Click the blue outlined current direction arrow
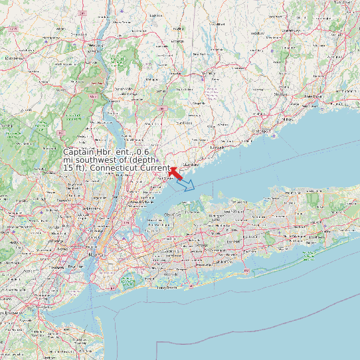pos(188,184)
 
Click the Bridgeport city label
pos(262,131)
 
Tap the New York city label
pos(98,255)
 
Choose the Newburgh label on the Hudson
pos(97,45)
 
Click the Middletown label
pos(15,58)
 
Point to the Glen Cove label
pos(172,215)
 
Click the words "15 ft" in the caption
pos(73,168)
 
